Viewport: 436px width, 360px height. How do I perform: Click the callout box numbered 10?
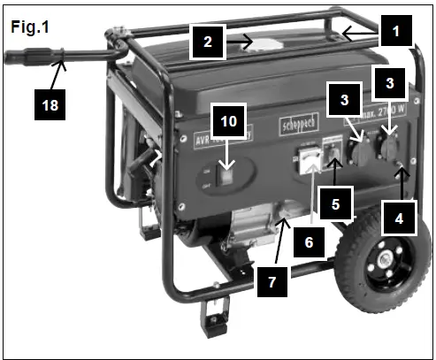pyautogui.click(x=228, y=123)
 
